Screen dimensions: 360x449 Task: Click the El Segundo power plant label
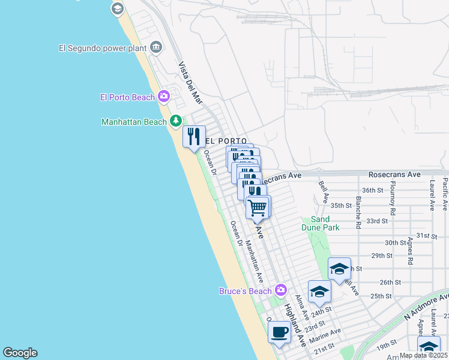103,47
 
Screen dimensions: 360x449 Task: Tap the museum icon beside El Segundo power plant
156,47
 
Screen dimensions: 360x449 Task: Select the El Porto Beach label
127,97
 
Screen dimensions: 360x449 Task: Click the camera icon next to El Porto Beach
164,97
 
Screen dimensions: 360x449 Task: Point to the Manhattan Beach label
134,122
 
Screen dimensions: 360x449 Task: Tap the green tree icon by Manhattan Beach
176,121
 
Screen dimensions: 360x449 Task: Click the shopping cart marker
258,208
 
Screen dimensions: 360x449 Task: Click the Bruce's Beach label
244,292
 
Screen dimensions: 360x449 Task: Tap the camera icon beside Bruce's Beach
280,291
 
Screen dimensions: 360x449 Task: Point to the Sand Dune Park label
325,223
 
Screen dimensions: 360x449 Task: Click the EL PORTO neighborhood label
226,141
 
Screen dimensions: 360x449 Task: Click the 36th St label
372,190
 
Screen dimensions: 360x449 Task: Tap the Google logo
20,353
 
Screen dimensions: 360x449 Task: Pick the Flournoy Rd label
393,198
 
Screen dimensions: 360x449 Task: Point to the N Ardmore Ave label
426,305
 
